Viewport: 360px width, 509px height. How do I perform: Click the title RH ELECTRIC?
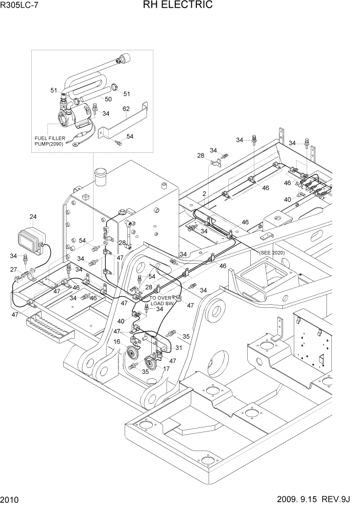[179, 6]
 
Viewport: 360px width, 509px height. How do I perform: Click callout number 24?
[33, 217]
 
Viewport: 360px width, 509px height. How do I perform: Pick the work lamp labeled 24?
[31, 239]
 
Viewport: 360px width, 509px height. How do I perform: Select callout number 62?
[126, 109]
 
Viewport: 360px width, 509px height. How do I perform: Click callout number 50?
[108, 99]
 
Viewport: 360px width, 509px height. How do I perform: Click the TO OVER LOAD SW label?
[162, 301]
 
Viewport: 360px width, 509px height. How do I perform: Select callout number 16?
[117, 341]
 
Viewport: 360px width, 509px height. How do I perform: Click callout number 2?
[204, 194]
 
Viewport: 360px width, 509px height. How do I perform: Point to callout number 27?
[14, 269]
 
